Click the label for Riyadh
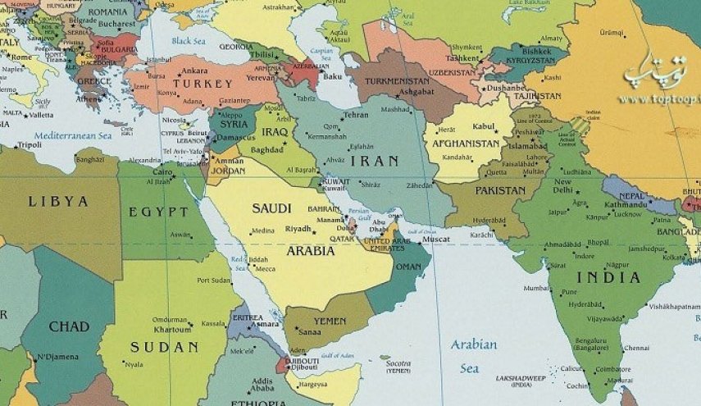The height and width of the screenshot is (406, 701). pos(298,229)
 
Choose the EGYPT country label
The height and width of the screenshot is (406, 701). pos(158,212)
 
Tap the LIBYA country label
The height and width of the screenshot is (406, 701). pos(57,201)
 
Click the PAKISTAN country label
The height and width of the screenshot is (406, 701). pos(500,190)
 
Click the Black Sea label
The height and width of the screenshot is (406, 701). pos(189,40)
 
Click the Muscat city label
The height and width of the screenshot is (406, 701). pos(435,239)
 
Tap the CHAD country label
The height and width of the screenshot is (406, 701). pos(68,326)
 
